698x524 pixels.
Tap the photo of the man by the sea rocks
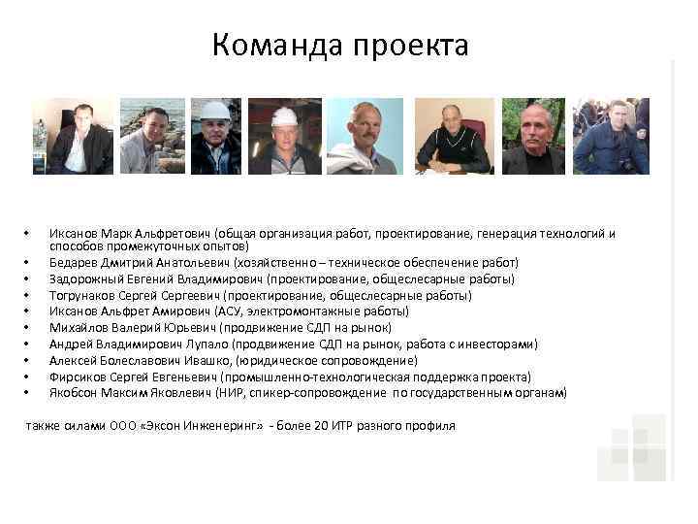[x=153, y=136]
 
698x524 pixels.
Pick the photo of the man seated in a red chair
[x=453, y=136]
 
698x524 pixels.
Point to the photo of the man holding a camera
[x=611, y=136]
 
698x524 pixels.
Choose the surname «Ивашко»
[x=203, y=360]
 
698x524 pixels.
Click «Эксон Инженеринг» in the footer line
[x=199, y=426]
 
